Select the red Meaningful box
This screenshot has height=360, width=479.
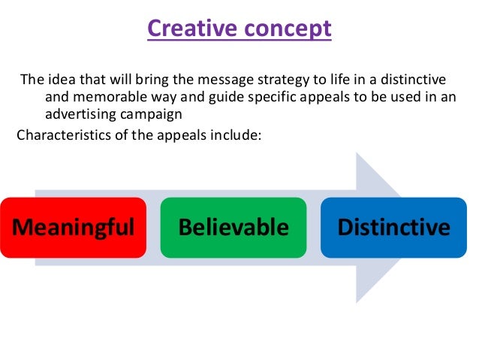coord(73,227)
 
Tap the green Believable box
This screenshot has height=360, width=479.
coord(233,227)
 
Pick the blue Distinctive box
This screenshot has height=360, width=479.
coord(393,227)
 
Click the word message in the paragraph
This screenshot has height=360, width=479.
coord(195,80)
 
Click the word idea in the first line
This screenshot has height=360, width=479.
coord(56,80)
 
